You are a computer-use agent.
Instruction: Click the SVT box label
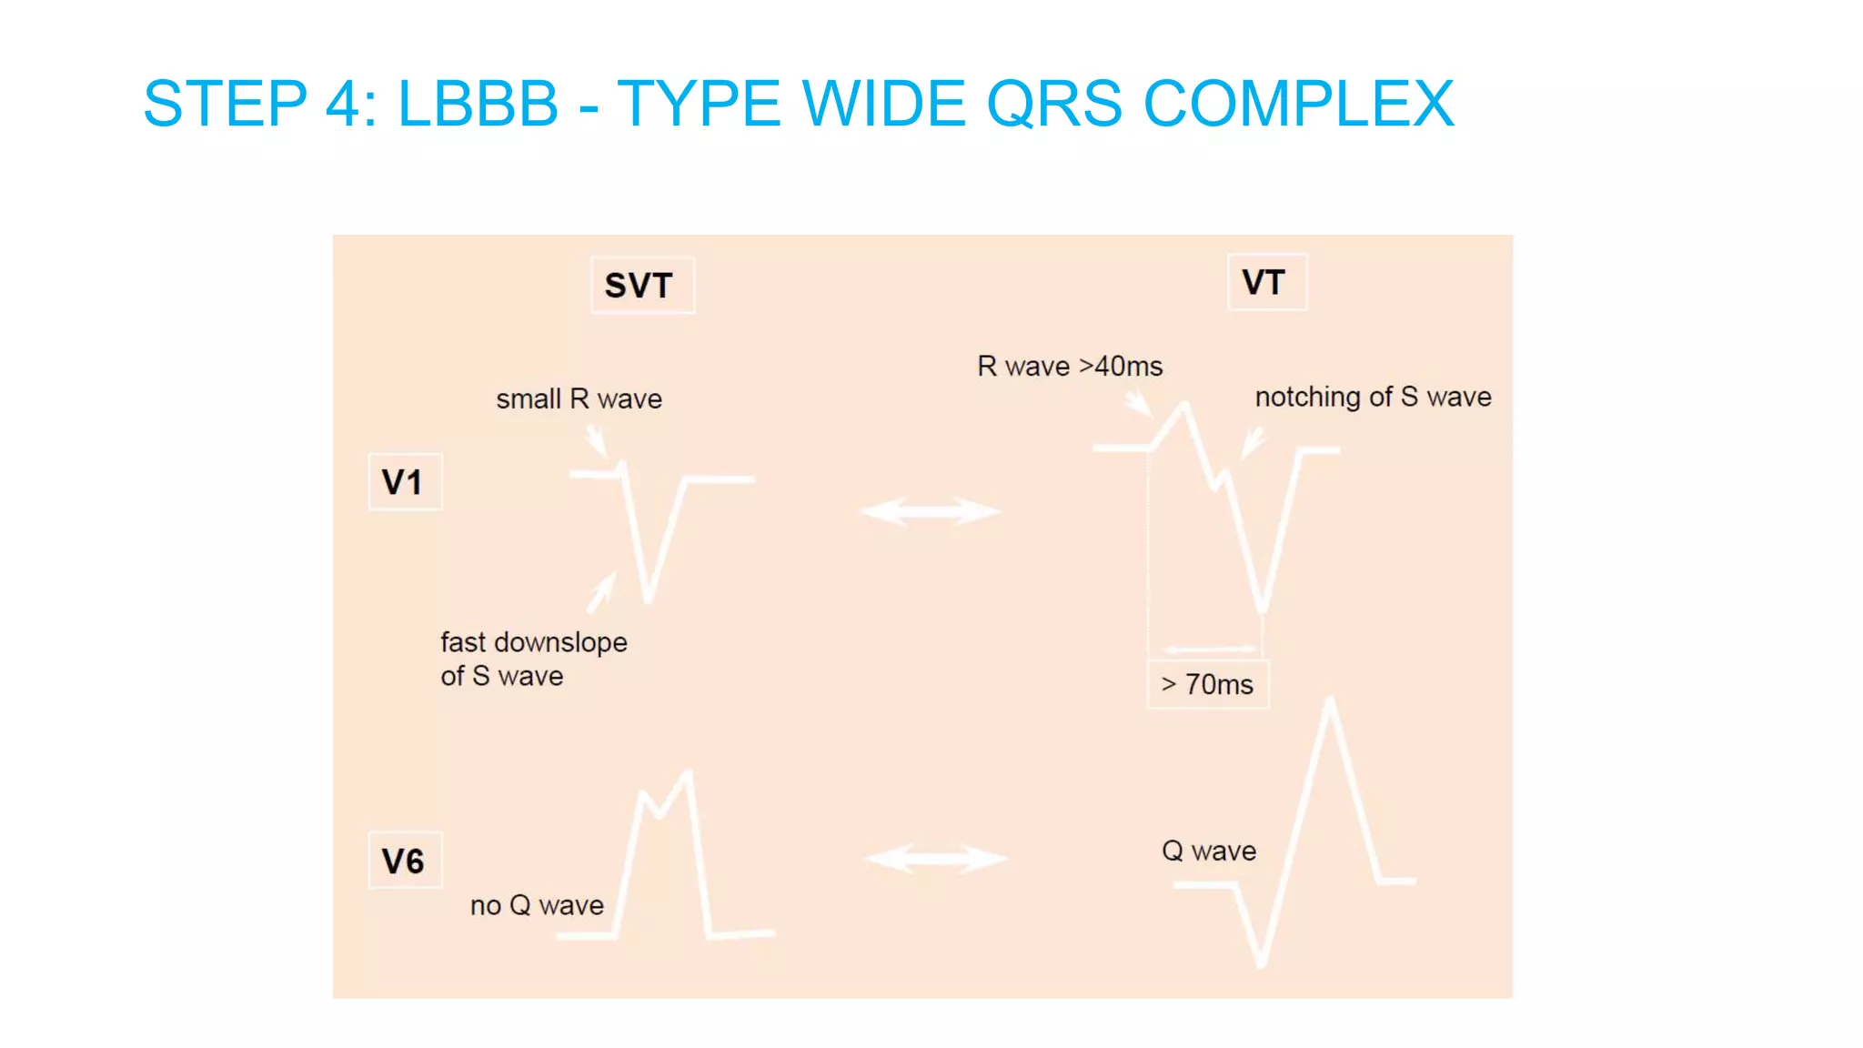(x=641, y=286)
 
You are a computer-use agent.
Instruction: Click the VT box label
(x=1265, y=282)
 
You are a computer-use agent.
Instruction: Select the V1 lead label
(x=404, y=482)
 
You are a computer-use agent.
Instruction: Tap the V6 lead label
(x=404, y=861)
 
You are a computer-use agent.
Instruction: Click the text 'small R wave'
(x=579, y=399)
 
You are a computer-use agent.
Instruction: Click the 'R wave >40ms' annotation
(x=1069, y=367)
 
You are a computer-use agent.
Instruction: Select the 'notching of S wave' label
(x=1372, y=397)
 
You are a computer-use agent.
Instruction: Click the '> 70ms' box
(x=1207, y=684)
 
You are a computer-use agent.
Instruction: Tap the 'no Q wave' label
(x=537, y=905)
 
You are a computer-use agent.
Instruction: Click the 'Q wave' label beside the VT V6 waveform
(x=1208, y=851)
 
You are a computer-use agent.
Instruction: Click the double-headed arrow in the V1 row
(x=930, y=511)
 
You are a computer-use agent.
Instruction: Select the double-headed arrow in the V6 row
(x=935, y=858)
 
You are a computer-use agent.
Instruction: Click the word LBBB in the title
(x=478, y=104)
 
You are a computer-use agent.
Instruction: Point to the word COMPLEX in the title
(x=1298, y=104)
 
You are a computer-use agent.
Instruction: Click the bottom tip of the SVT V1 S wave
(x=648, y=600)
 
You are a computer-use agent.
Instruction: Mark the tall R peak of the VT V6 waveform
(x=1331, y=700)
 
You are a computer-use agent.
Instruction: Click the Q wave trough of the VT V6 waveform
(x=1261, y=963)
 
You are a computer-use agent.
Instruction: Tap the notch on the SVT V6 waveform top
(x=660, y=812)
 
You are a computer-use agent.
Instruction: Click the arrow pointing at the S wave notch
(x=1253, y=444)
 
